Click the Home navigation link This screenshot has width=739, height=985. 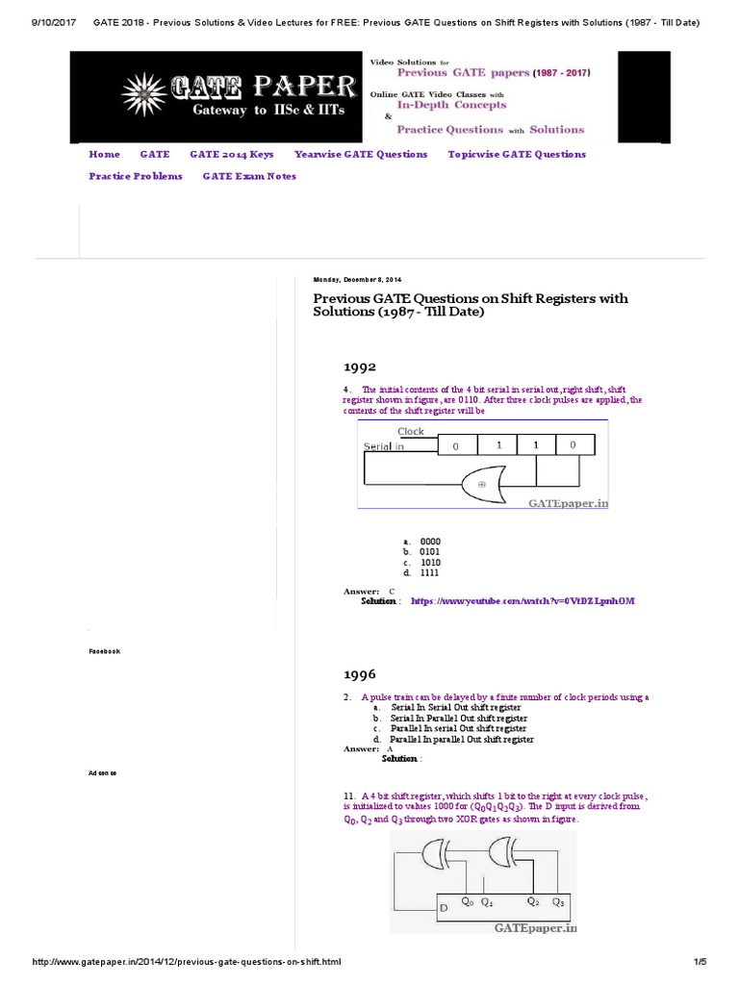[x=104, y=154]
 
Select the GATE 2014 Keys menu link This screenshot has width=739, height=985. [x=231, y=154]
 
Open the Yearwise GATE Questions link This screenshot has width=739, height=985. [x=361, y=154]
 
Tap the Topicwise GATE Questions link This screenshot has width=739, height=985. [x=517, y=154]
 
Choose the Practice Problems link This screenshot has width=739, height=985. [x=135, y=176]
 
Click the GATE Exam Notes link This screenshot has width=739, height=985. [x=249, y=176]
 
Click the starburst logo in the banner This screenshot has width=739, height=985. [x=144, y=94]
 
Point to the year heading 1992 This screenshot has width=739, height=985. [x=360, y=367]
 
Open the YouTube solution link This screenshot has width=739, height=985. [x=522, y=600]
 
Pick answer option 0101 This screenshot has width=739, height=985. [x=429, y=552]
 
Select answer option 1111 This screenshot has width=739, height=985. [x=429, y=572]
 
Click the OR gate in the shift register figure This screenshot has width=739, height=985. [x=487, y=484]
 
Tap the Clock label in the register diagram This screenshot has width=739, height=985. [x=411, y=432]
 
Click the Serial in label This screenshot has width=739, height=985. [x=384, y=446]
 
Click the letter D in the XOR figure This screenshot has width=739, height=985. [x=444, y=908]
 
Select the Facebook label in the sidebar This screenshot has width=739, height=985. [x=104, y=651]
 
